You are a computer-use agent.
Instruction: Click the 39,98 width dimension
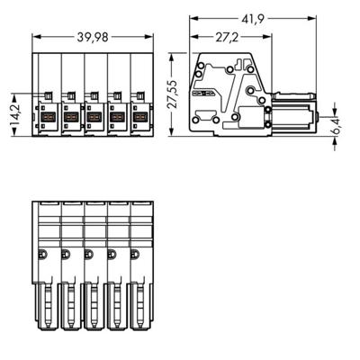click(93, 36)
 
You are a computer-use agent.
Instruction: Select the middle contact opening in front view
click(93, 116)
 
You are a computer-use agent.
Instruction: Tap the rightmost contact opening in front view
click(139, 116)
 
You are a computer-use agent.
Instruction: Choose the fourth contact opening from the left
click(116, 116)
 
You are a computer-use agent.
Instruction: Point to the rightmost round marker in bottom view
click(136, 254)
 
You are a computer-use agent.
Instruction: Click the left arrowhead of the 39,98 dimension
click(36, 36)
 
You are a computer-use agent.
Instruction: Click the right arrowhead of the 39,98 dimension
click(150, 36)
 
